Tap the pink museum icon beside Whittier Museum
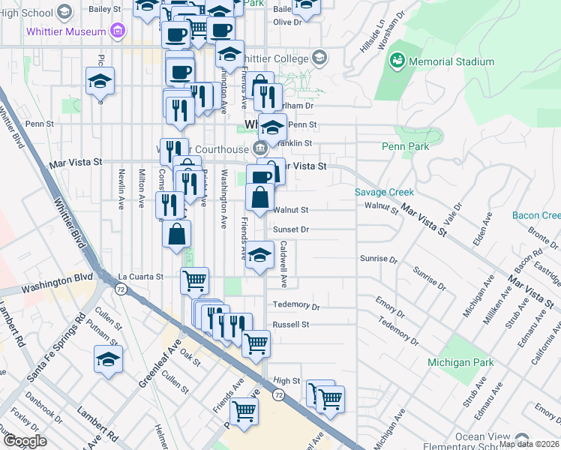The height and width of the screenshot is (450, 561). [116, 31]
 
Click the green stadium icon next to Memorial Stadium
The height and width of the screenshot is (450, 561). [398, 60]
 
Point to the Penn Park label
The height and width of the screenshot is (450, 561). [406, 146]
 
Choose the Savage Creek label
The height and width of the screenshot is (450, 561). [383, 192]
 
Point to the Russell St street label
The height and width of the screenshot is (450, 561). [291, 325]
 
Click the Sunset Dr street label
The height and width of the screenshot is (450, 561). [291, 230]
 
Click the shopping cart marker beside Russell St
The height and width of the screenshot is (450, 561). [256, 343]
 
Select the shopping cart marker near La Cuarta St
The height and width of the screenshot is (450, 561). [194, 281]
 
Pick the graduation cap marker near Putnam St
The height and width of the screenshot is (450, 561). [109, 358]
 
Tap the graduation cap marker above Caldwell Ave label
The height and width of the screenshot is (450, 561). [259, 254]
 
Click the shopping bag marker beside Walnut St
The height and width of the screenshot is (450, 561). [259, 198]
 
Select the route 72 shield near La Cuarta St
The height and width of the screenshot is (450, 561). [120, 288]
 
